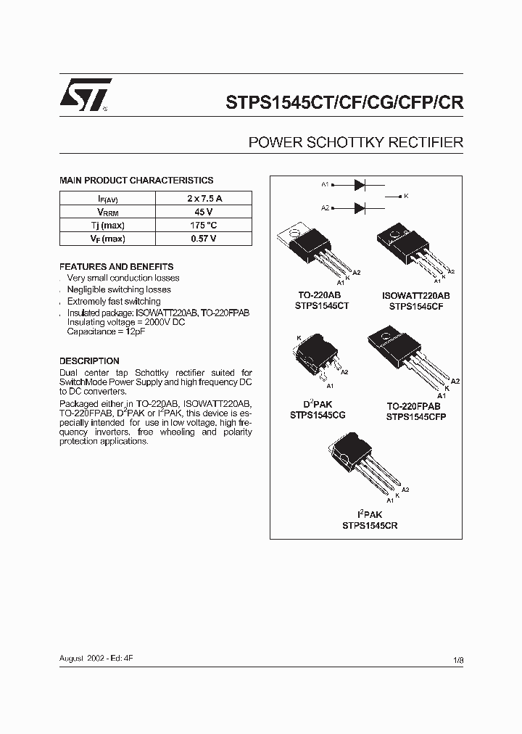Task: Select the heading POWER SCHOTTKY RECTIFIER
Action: (356, 143)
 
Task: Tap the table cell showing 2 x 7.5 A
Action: (203, 198)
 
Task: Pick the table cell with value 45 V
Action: (203, 212)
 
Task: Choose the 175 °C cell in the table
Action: (203, 225)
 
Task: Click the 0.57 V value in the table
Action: (203, 239)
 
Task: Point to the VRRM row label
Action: (107, 212)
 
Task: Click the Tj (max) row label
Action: (107, 225)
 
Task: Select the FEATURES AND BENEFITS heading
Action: (116, 266)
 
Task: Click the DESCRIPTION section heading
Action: (89, 360)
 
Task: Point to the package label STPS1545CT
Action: (322, 306)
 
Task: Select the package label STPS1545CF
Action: (416, 306)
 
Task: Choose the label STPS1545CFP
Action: (416, 417)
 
